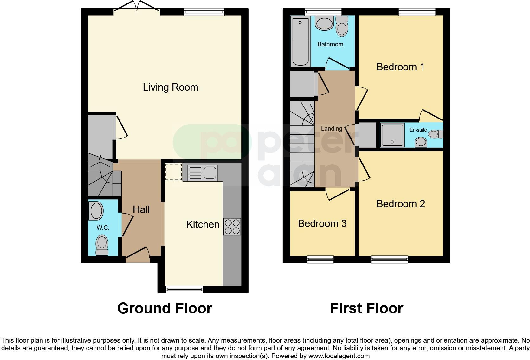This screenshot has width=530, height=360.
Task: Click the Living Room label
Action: [170, 87]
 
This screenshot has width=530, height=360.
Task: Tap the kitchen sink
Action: [203, 173]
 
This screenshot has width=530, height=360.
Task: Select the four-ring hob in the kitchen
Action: [232, 227]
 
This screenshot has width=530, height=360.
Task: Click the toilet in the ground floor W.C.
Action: [102, 245]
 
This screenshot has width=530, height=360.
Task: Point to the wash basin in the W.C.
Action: [96, 211]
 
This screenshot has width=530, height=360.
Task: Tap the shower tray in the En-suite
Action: [393, 135]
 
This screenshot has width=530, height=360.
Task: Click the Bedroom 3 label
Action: [322, 223]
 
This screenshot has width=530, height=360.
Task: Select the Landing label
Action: [331, 128]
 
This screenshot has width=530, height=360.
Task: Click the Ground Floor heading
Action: [165, 308]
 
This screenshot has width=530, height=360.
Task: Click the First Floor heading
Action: [366, 308]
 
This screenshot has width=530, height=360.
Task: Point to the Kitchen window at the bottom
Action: [184, 289]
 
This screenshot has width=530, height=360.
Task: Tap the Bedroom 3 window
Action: [320, 260]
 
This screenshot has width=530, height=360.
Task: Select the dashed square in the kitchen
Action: [173, 171]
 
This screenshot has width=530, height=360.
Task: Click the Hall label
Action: [141, 209]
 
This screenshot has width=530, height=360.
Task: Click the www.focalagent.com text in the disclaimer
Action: [339, 356]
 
